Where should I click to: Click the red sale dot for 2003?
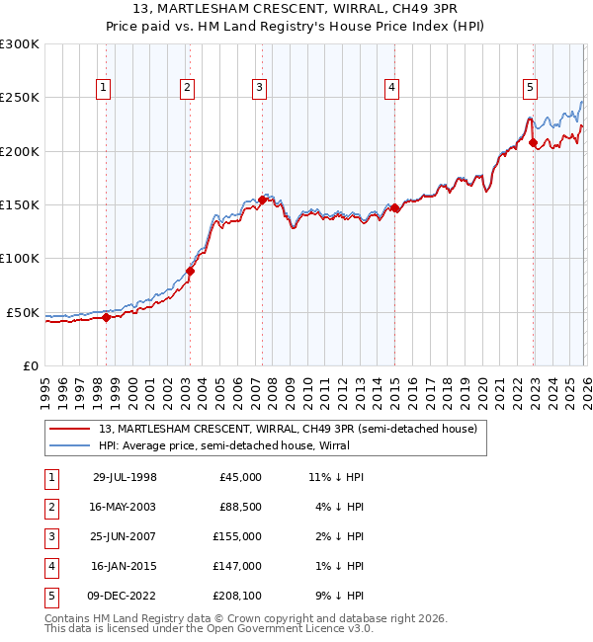pos(190,271)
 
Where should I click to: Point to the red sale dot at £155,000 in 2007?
pos(262,200)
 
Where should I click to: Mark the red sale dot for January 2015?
pos(394,207)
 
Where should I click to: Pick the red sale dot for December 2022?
pos(534,142)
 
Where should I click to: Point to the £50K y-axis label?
pos(23,312)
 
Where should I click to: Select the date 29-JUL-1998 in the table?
pos(125,477)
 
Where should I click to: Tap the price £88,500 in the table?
pos(240,507)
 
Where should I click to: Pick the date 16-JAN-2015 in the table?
pos(125,566)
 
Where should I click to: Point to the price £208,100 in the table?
pos(237,596)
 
